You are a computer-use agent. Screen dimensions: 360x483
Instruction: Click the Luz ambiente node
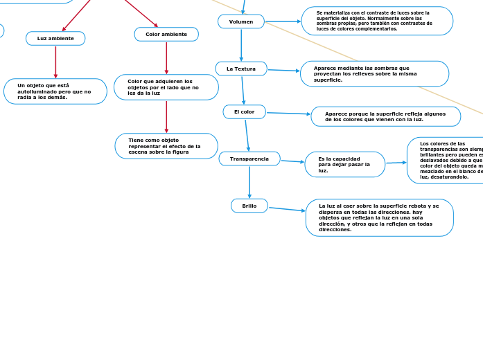coord(55,39)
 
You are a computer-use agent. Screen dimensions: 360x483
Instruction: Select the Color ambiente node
coord(166,35)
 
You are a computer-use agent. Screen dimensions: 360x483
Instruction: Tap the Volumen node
coord(241,22)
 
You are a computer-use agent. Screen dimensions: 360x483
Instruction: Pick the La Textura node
coord(241,69)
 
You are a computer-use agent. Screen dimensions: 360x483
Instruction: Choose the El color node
coord(244,112)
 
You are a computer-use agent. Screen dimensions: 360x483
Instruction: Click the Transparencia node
coord(249,159)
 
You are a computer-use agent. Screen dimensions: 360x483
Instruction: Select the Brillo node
coord(249,206)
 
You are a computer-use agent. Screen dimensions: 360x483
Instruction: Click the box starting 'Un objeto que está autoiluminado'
coord(55,91)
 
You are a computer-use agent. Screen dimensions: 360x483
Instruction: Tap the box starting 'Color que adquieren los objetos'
coord(166,87)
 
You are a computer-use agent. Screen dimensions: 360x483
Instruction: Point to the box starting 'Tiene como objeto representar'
coord(166,146)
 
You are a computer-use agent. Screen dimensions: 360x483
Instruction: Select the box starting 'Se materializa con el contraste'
coord(377,21)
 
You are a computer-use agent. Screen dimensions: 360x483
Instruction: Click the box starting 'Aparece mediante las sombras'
coord(374,74)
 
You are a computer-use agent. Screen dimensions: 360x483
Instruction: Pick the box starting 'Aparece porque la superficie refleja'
coord(385,116)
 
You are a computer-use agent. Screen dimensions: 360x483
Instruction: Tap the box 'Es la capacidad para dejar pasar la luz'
coord(344,165)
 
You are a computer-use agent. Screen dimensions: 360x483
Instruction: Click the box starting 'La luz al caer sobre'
coord(379,217)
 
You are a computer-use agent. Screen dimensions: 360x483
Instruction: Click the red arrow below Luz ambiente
coord(55,62)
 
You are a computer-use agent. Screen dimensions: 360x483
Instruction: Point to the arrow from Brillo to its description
coord(286,209)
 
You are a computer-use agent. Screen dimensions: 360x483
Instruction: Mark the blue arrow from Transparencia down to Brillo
coord(249,182)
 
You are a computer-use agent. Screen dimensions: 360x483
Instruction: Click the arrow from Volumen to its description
coord(283,21)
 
